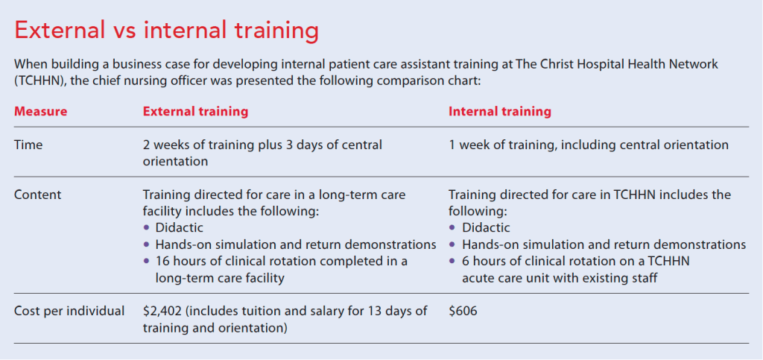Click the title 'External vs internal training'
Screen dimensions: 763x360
(166, 31)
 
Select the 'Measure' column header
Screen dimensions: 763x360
(41, 111)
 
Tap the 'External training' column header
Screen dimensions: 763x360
(196, 111)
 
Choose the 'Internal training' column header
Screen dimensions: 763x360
(500, 111)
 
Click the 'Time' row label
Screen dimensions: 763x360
(28, 145)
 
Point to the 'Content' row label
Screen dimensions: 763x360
(38, 195)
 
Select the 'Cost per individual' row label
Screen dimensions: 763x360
(69, 311)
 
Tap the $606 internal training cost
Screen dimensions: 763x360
(463, 311)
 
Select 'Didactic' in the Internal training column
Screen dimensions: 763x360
(486, 227)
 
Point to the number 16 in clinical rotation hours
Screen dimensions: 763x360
(162, 261)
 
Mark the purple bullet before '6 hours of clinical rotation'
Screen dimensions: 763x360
(452, 261)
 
